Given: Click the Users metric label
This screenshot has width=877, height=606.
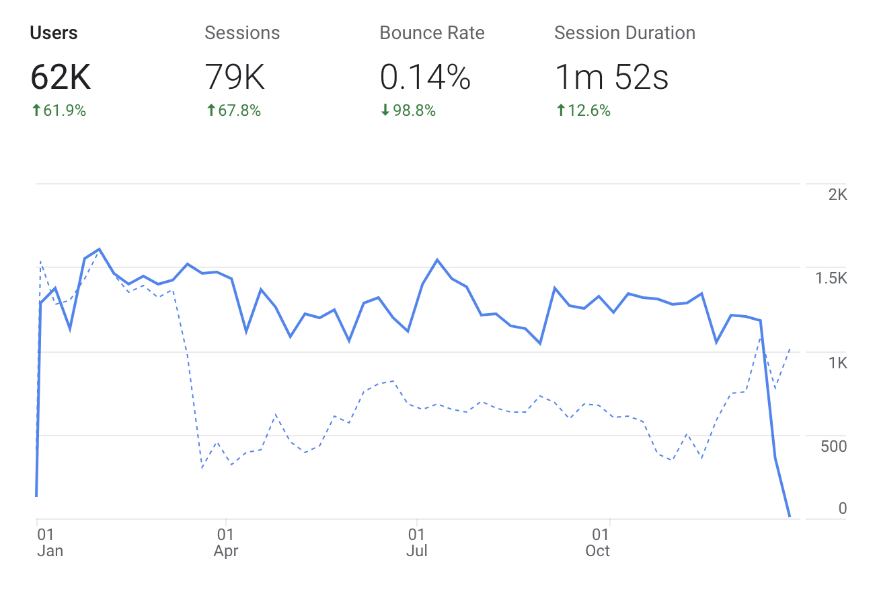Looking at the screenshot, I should coord(54,33).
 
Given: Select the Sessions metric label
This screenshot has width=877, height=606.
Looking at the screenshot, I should coord(242,33).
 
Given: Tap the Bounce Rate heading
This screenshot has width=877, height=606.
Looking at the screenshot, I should coord(432,33).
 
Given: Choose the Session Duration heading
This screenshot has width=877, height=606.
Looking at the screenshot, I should coord(624,33).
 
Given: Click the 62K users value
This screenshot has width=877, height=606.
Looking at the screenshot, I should coord(61,78).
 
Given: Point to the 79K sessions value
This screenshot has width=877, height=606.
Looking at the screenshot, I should coord(235,78).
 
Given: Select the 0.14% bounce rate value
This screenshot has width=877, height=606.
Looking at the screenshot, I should coord(424,78).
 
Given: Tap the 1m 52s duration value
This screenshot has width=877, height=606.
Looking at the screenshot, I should coord(611,78).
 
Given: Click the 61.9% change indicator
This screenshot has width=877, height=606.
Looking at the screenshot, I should coord(59,111).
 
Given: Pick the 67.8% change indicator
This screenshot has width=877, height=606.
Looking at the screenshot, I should coord(233,111).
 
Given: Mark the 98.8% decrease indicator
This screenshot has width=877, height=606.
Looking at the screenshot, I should coord(408,111).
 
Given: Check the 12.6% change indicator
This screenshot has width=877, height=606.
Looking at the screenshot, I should coord(583,111).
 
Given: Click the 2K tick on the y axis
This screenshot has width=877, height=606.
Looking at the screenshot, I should coord(837,195).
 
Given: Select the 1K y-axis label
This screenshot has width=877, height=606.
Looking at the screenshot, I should coord(837,364).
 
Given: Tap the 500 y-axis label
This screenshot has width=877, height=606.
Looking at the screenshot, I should coord(833,446).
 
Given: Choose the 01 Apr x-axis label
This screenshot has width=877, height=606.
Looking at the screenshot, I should coord(226,543).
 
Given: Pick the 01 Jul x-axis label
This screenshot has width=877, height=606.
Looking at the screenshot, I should coord(417,543).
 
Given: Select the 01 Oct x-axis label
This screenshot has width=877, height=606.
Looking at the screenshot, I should coord(598,543).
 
